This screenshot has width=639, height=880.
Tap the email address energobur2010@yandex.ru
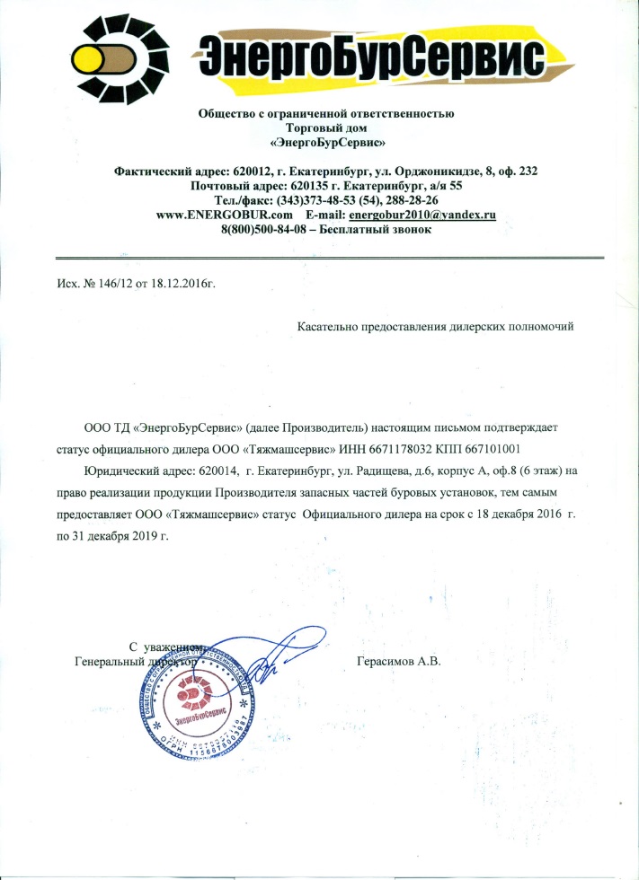pos(422,216)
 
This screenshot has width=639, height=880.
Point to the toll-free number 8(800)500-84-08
pos(263,230)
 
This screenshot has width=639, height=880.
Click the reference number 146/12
pos(111,284)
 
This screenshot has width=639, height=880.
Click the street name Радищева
pos(386,471)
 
